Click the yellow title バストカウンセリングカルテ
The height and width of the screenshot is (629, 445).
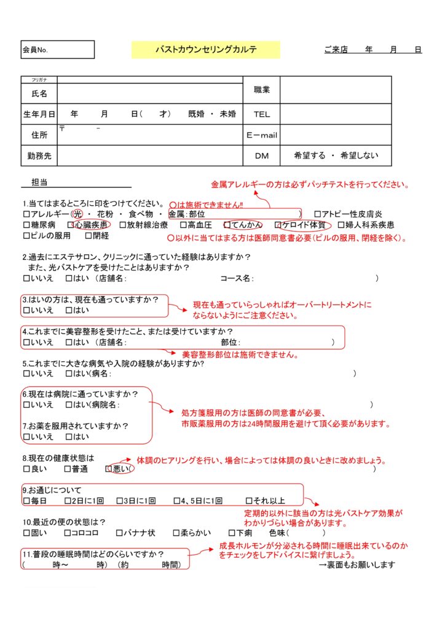[205, 50]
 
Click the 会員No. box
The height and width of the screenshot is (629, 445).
[58, 50]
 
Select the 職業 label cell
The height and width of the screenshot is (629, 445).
[262, 90]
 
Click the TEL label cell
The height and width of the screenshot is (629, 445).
[262, 114]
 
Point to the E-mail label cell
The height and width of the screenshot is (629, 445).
[262, 135]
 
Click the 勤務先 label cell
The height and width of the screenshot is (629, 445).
[39, 156]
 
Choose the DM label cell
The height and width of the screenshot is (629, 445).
[262, 156]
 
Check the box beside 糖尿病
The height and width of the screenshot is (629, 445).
[26, 225]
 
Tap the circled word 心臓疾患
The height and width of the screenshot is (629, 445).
[92, 225]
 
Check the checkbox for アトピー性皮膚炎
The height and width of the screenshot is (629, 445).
[318, 214]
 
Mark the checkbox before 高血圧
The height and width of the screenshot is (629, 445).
[183, 225]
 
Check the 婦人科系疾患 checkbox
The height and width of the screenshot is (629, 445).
[341, 225]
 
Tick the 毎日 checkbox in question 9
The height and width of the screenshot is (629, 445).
[26, 501]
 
